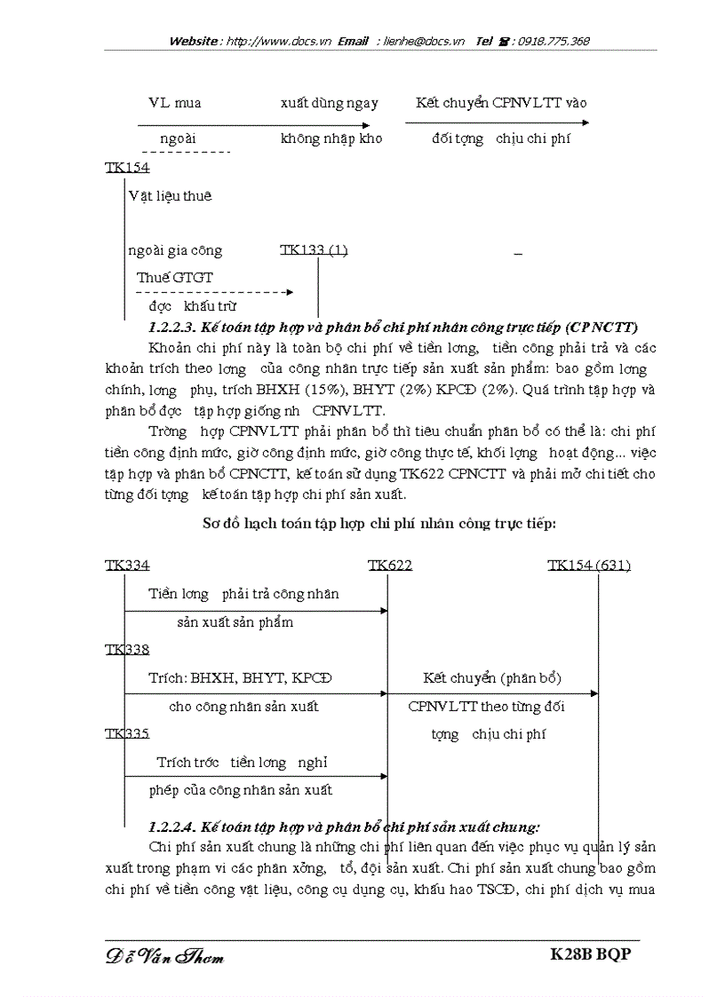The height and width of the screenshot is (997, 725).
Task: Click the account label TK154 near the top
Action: click(127, 167)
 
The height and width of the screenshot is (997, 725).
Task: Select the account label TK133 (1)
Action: click(314, 250)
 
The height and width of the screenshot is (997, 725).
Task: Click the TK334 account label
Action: click(127, 566)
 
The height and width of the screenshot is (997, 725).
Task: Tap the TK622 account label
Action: click(390, 566)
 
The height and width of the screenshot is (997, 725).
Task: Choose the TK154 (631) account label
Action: click(589, 566)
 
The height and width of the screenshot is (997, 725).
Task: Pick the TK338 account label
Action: click(127, 650)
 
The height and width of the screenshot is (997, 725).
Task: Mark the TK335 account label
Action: click(127, 733)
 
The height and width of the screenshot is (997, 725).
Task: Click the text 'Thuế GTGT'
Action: click(175, 277)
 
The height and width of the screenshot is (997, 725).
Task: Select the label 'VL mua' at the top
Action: click(174, 103)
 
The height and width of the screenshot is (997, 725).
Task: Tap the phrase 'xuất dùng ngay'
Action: click(329, 103)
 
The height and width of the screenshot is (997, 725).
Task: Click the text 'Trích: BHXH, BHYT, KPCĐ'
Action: click(240, 678)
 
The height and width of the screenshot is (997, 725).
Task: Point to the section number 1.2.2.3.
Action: click(175, 327)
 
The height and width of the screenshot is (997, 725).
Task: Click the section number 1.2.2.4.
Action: click(175, 826)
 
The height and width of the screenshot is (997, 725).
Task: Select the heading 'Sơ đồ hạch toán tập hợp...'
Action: click(379, 524)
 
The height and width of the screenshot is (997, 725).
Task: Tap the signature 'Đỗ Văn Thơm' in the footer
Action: click(165, 956)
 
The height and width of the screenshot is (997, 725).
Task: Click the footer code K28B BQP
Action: click(594, 954)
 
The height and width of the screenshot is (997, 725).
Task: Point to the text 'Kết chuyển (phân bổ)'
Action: click(492, 678)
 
